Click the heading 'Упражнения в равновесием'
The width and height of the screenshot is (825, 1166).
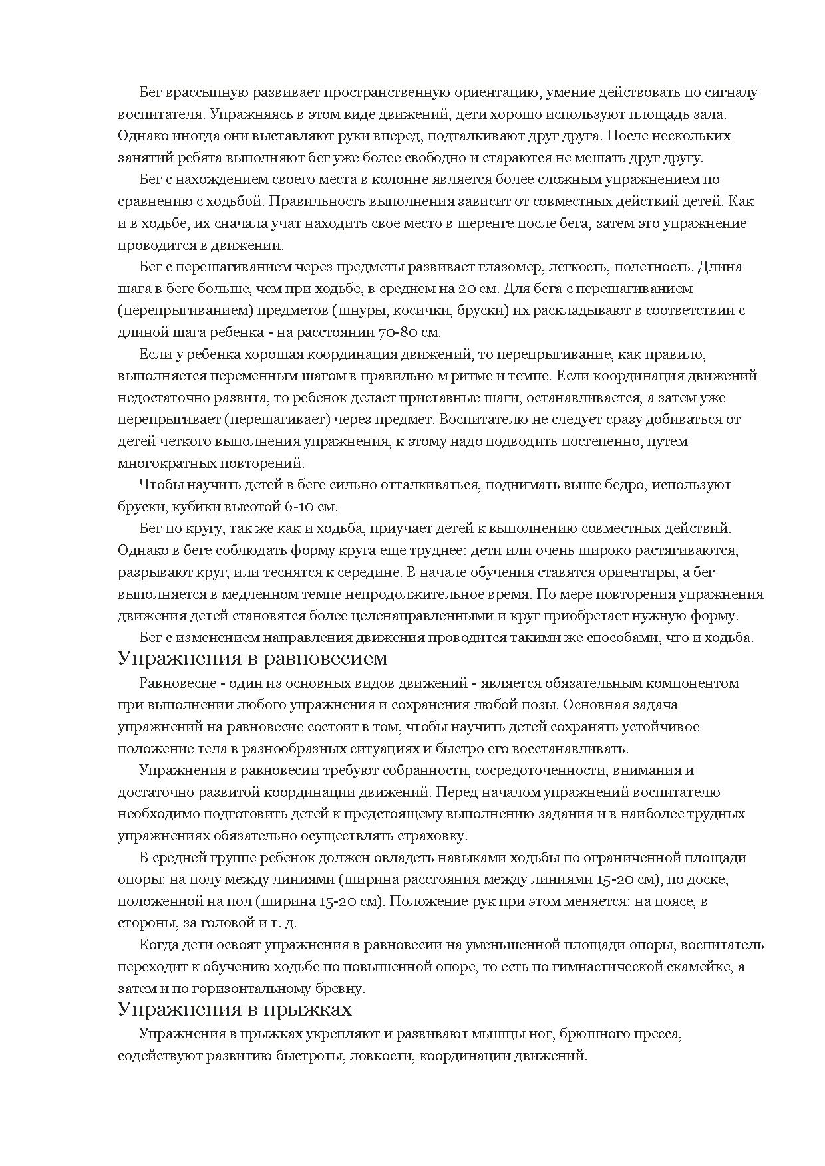click(x=252, y=659)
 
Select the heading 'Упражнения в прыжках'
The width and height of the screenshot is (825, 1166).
click(x=234, y=1009)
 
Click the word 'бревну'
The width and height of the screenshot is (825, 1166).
click(x=341, y=989)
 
